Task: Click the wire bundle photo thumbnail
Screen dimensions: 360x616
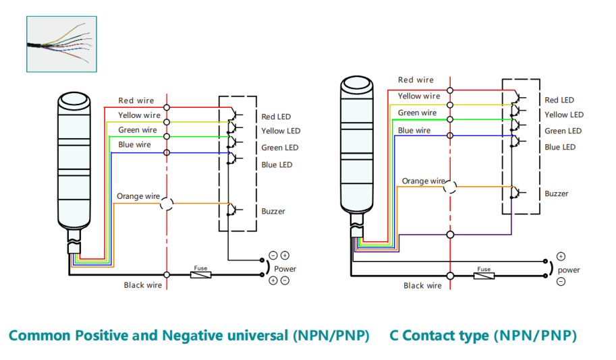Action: tap(61, 44)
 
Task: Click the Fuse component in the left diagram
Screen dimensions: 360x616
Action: tap(200, 274)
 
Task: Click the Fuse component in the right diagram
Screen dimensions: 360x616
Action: tap(483, 275)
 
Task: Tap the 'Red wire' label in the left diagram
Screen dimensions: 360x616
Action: tap(136, 101)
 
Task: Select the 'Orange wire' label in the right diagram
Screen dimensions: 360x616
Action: tap(423, 181)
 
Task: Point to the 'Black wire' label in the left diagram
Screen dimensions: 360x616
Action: tap(143, 285)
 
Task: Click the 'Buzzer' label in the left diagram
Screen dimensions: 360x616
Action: tap(273, 211)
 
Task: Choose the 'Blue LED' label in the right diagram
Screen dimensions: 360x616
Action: tap(560, 147)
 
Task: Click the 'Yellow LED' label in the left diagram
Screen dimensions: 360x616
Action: tap(281, 131)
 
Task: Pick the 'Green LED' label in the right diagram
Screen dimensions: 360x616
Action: tap(563, 131)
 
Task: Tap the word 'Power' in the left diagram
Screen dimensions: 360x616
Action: tap(285, 268)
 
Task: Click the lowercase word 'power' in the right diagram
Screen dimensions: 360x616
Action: tap(568, 270)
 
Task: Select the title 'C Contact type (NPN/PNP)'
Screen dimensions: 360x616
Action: tap(483, 335)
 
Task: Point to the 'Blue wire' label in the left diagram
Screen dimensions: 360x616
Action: tap(134, 145)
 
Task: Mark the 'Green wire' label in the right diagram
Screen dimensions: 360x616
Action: tap(417, 113)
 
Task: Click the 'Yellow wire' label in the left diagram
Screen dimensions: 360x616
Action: tap(139, 115)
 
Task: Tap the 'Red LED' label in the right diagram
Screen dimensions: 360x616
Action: tap(559, 100)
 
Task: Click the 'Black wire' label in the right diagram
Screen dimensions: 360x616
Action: tap(422, 285)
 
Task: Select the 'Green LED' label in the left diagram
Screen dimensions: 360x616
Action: tap(280, 148)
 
